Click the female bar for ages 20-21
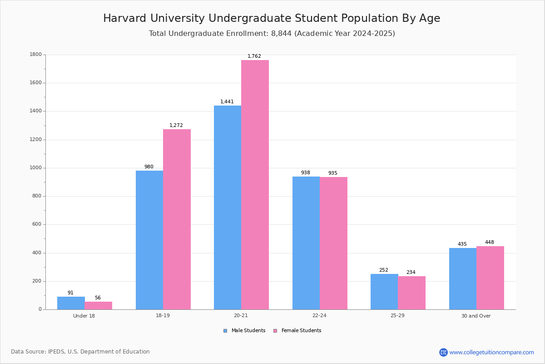tap(255, 185)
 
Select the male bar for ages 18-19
tap(149, 240)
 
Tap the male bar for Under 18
tap(71, 303)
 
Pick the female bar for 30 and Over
tap(490, 278)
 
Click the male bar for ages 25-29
tap(384, 292)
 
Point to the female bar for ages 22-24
tap(333, 243)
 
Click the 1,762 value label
tap(254, 56)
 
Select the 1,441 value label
tap(227, 102)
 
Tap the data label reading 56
tap(98, 298)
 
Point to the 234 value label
tap(411, 273)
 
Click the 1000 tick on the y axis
tap(36, 168)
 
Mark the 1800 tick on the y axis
tap(36, 55)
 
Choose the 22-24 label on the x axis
tap(319, 316)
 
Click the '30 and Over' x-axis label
tap(476, 316)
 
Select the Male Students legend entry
tap(248, 331)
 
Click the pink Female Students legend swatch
tap(275, 331)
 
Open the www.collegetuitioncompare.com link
tap(491, 352)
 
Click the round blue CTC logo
tap(443, 352)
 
